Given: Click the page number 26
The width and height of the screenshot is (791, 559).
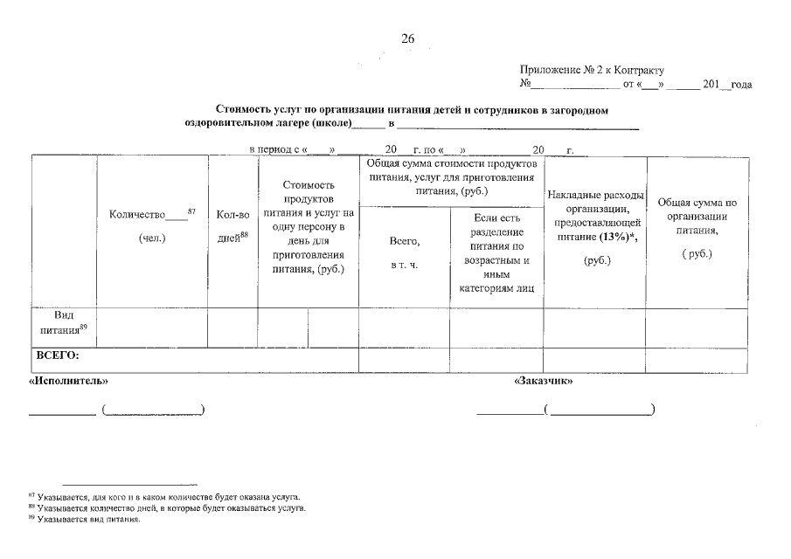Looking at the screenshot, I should point(407,38).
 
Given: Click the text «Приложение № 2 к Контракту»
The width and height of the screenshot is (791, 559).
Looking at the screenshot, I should point(592,70).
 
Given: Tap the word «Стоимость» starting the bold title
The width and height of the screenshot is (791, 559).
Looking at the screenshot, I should point(240,110).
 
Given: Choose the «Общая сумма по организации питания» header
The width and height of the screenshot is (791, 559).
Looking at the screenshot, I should point(697,227).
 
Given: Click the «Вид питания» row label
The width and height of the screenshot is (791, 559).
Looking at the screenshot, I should point(64,321).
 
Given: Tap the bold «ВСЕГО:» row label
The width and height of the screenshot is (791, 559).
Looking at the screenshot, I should point(58,355).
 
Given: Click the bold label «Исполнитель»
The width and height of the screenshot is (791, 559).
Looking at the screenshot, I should point(69,382).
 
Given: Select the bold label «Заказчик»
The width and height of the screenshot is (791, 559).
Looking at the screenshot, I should point(543,382).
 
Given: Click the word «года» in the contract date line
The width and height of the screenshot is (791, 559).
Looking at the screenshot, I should point(741,86).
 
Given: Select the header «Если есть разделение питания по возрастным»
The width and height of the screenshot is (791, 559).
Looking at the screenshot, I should point(496,252).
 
